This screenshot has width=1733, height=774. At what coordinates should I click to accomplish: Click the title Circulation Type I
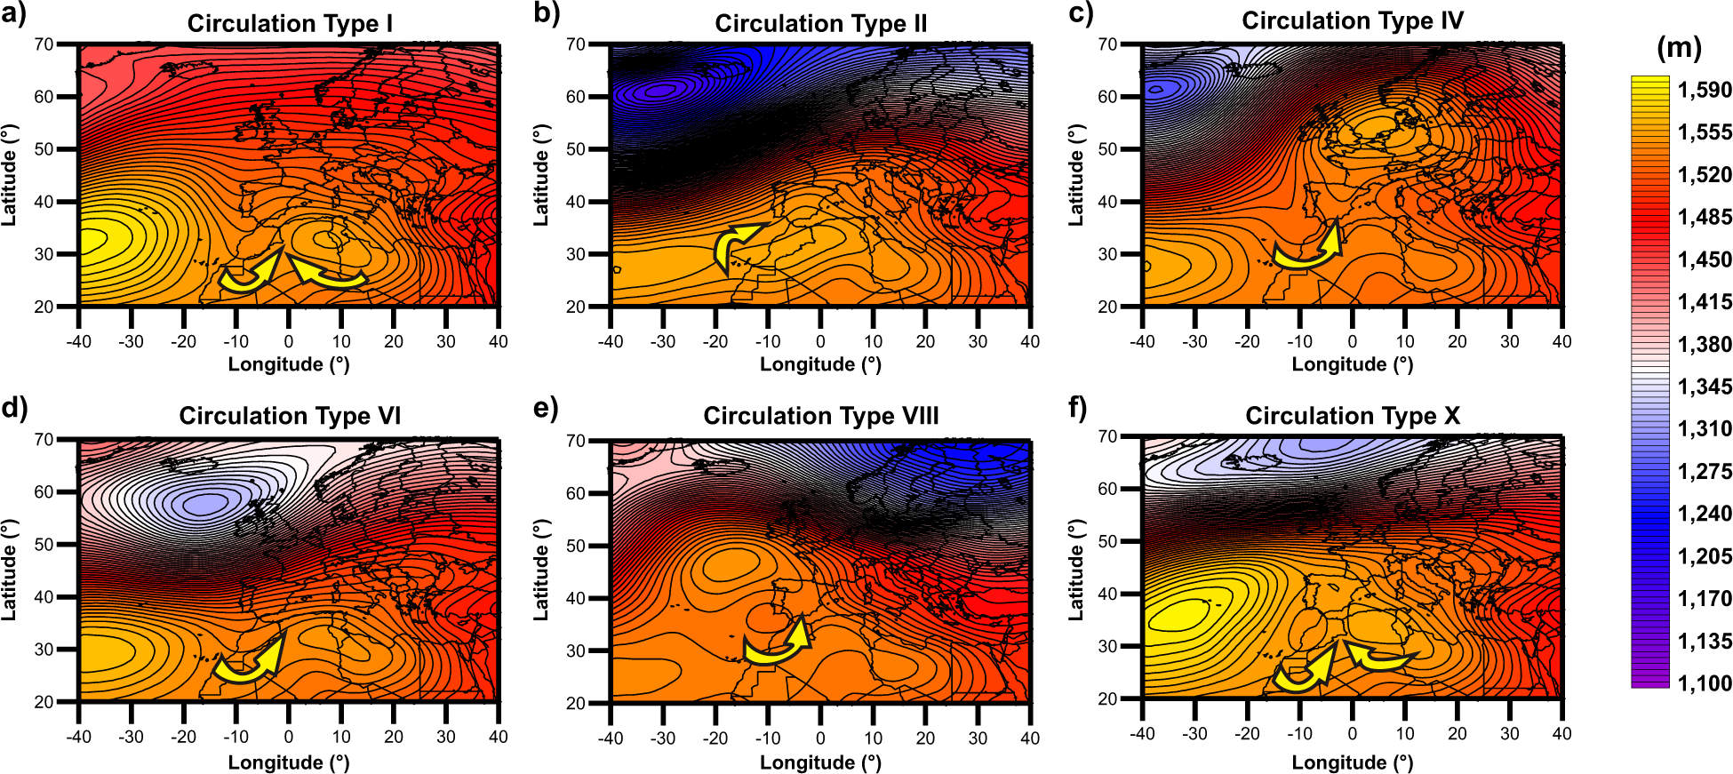tap(290, 24)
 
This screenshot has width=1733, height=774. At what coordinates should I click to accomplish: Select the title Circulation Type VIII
tap(820, 416)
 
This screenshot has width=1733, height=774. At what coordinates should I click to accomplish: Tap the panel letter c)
tap(1081, 14)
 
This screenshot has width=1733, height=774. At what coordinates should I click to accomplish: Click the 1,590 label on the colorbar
tap(1705, 90)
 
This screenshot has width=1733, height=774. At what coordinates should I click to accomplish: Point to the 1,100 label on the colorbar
tap(1705, 683)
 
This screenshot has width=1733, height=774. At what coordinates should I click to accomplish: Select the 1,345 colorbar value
tap(1705, 387)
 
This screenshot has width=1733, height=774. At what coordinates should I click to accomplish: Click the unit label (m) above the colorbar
tap(1679, 47)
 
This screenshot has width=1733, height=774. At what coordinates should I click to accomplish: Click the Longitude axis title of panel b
tap(820, 364)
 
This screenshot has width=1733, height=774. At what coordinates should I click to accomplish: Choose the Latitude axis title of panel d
tap(9, 570)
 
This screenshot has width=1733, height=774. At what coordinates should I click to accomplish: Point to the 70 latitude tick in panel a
tap(44, 44)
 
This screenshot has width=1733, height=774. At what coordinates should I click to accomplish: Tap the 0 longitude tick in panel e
tap(820, 738)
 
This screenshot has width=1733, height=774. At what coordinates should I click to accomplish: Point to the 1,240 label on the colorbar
tap(1705, 514)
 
